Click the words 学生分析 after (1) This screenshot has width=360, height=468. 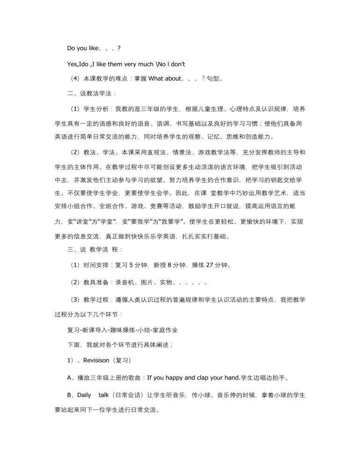tap(95, 109)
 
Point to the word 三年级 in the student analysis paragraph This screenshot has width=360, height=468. tap(161, 109)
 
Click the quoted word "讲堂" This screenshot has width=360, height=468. tap(89, 221)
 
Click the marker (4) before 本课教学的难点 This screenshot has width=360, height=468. tap(75, 78)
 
